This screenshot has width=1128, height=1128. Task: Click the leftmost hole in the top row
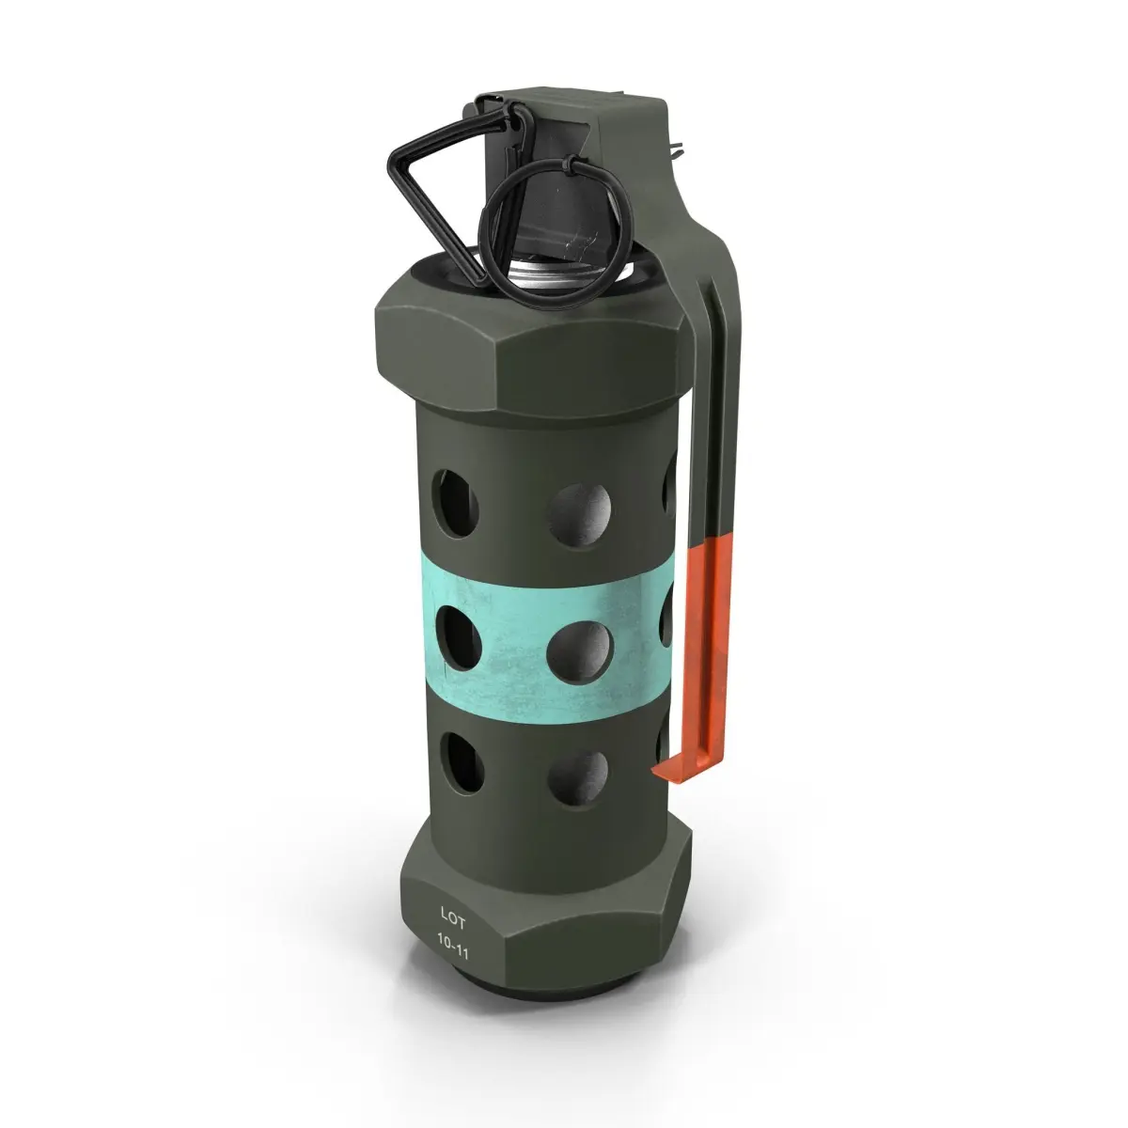[455, 503]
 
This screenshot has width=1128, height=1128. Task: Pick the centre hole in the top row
[579, 515]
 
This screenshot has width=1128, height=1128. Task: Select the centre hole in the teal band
[580, 652]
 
